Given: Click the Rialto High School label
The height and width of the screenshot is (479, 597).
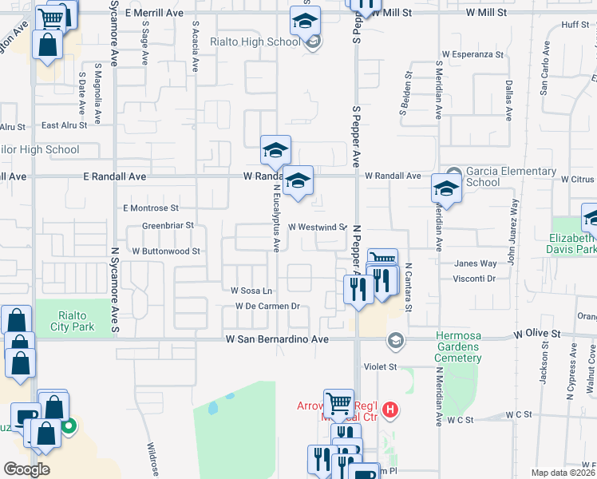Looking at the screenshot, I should tap(254, 42).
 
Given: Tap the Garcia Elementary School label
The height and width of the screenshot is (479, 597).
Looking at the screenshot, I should tap(510, 176).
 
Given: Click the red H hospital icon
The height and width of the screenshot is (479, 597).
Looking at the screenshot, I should tap(390, 411).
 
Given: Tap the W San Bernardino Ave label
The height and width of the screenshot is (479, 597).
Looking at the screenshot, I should tap(277, 339).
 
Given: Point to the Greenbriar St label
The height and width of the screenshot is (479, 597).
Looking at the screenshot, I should tap(168, 226).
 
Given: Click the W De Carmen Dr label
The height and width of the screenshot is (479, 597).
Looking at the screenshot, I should tap(267, 307).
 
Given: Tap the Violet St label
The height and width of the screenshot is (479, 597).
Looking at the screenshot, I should tap(381, 367).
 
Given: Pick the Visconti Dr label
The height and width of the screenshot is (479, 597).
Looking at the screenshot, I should tap(474, 279).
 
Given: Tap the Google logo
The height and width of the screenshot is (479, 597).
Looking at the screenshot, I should tap(26, 469).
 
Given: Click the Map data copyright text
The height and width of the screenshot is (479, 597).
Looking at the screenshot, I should tap(563, 473).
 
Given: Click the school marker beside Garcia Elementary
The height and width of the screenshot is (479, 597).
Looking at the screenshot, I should tap(446, 189).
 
